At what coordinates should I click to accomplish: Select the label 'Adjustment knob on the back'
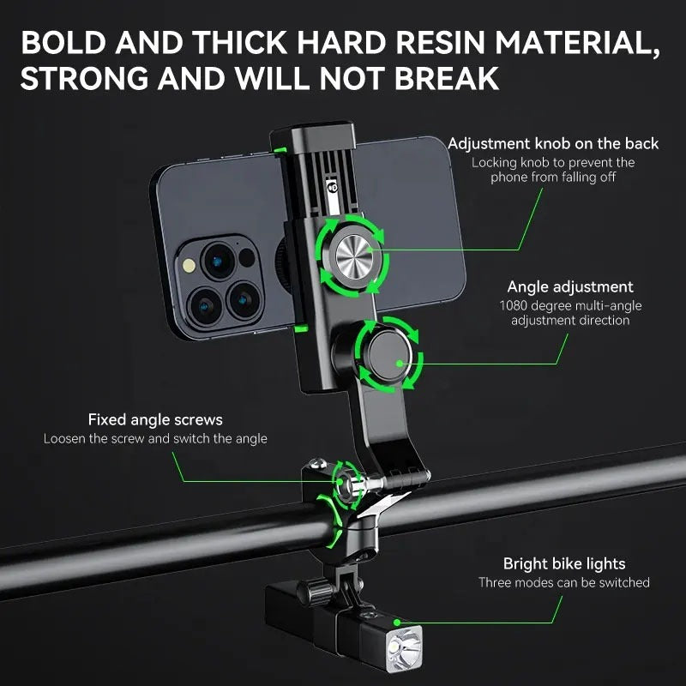tap(553, 143)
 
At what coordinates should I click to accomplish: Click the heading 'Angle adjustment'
tap(570, 287)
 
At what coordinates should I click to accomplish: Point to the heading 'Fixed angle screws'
tap(155, 419)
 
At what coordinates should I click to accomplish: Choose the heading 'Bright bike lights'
tap(563, 563)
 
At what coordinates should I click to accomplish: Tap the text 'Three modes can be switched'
tap(563, 582)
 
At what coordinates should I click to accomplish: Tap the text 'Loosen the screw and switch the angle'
tap(155, 438)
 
